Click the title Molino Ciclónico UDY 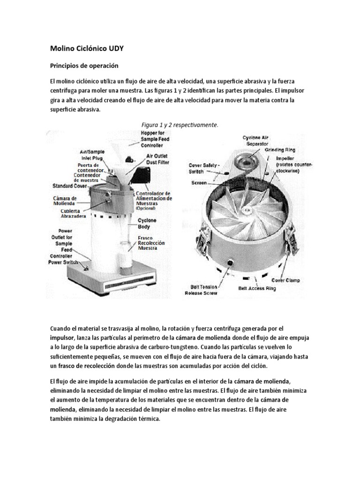[x=88, y=48]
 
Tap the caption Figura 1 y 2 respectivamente [x=180, y=125]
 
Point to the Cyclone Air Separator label [x=256, y=141]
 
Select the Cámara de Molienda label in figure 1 [x=65, y=201]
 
